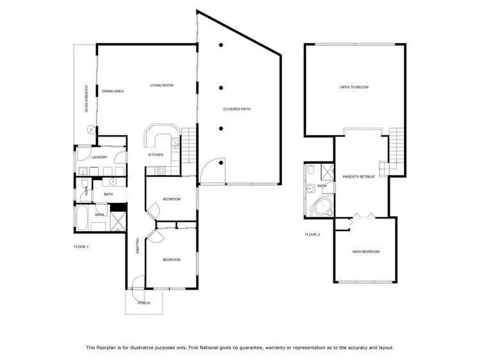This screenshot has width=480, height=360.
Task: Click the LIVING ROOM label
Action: point(162,85)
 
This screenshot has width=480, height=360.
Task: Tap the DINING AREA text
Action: point(113,92)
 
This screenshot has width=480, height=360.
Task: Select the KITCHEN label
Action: point(156,154)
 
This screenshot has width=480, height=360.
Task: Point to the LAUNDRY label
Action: point(99,157)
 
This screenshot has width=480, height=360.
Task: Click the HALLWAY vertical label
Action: point(137,247)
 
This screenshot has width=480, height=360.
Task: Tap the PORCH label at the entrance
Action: point(143,303)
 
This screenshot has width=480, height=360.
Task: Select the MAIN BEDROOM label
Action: point(366,252)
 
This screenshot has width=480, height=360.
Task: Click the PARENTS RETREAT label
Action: point(358,176)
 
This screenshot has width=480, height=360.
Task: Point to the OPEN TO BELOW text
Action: point(354,87)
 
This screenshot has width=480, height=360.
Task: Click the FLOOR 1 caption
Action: point(81,247)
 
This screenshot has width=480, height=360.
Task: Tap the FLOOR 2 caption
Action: point(312,235)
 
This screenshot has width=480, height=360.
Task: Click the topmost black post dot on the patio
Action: point(221,45)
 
